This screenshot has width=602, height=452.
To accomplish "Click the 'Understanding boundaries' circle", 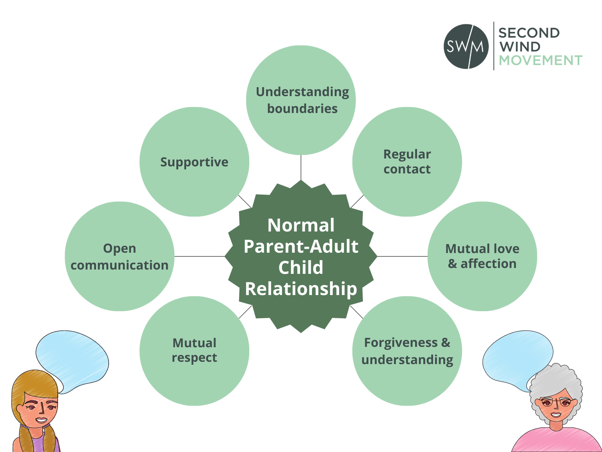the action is pyautogui.click(x=301, y=100).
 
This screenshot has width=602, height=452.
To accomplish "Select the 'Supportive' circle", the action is pyautogui.click(x=194, y=162).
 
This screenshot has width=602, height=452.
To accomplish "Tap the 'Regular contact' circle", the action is pyautogui.click(x=407, y=162).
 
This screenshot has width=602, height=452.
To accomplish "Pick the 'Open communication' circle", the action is pyautogui.click(x=120, y=256).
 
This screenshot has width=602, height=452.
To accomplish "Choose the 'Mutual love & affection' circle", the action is pyautogui.click(x=482, y=256).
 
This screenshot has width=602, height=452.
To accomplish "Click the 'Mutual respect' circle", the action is pyautogui.click(x=194, y=351).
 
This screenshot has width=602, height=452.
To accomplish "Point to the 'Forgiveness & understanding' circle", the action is pyautogui.click(x=407, y=351).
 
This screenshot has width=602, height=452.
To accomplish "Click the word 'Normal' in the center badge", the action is pyautogui.click(x=301, y=225).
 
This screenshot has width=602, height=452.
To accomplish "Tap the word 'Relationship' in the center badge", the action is pyautogui.click(x=301, y=289).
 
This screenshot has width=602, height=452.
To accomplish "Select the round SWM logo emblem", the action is pyautogui.click(x=466, y=46).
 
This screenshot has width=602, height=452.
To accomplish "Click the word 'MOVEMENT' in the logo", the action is pyautogui.click(x=540, y=60).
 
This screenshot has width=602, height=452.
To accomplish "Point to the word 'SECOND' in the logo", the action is pyautogui.click(x=529, y=33).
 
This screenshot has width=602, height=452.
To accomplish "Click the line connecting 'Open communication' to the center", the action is pyautogui.click(x=199, y=256).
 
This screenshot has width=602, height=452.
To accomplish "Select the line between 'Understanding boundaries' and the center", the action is pyautogui.click(x=301, y=168).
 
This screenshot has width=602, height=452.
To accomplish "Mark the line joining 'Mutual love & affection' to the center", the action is pyautogui.click(x=403, y=256).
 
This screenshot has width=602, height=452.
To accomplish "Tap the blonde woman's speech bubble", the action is pyautogui.click(x=72, y=361).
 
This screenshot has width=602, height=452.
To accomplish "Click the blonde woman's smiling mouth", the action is pyautogui.click(x=42, y=419).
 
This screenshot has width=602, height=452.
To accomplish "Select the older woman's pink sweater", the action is pyautogui.click(x=557, y=441).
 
